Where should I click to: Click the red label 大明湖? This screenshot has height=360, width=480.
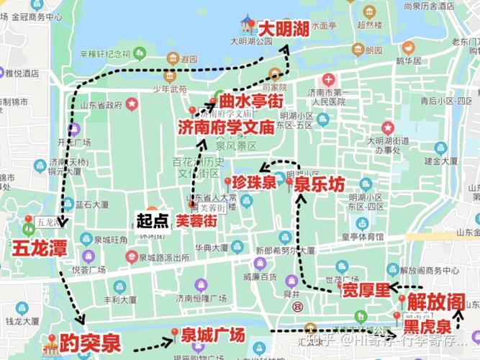click(284, 30)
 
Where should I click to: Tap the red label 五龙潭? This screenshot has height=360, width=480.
click(40, 248)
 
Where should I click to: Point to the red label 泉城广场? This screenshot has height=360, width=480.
click(213, 336)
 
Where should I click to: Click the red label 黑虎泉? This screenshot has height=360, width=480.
click(428, 326)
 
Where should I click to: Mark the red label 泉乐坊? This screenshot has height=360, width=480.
click(319, 185)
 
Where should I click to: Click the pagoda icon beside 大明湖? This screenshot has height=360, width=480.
click(248, 22)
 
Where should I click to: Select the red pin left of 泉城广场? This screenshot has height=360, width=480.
click(174, 333)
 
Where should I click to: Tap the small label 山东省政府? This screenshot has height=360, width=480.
click(100, 105)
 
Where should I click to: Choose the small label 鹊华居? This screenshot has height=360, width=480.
click(408, 61)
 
